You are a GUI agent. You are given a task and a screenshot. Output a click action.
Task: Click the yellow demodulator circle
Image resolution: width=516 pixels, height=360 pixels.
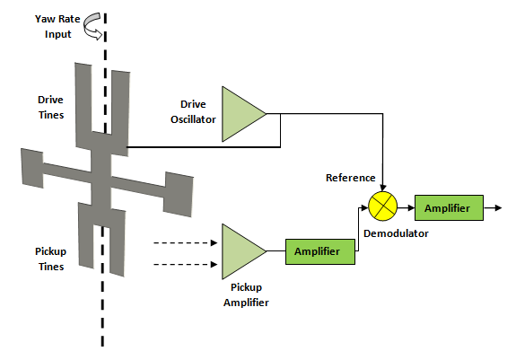point(382,206)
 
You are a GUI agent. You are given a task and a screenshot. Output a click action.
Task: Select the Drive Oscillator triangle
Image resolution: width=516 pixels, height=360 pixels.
point(241,114)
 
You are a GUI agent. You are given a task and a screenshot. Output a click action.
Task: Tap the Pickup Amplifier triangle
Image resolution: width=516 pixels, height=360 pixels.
point(241,251)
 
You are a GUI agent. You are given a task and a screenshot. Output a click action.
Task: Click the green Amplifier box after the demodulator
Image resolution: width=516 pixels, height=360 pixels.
point(449,207)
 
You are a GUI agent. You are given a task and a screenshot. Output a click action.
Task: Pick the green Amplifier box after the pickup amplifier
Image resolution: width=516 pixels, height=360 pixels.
point(320,251)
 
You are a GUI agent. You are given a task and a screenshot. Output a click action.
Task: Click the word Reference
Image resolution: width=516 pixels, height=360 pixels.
point(351,178)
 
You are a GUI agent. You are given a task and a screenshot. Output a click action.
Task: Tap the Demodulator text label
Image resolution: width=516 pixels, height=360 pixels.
point(396,233)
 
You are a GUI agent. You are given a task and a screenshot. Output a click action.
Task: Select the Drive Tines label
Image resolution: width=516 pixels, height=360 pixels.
point(50,107)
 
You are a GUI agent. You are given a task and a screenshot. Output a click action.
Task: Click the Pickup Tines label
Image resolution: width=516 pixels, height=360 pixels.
point(50,259)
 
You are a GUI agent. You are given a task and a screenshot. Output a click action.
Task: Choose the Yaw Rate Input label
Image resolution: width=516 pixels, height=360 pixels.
point(57,27)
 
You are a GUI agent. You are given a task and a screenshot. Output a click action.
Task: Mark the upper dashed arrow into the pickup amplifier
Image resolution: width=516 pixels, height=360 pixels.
point(186,243)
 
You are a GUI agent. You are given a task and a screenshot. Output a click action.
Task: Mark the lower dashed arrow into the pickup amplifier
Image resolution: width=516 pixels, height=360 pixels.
point(186,264)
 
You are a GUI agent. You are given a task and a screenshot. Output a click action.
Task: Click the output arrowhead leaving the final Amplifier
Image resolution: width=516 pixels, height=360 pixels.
point(498,207)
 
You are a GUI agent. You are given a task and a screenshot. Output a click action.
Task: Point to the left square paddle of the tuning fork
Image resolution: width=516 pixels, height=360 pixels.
point(32,168)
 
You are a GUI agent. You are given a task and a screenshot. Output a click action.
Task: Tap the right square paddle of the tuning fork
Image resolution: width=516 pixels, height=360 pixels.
point(178,194)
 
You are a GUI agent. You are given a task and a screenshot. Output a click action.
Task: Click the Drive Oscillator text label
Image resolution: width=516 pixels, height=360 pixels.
point(193,112)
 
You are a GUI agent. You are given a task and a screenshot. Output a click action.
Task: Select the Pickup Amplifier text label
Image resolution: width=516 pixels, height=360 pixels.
point(246,294)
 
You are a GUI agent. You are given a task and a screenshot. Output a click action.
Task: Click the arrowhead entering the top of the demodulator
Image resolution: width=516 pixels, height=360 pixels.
point(382,189)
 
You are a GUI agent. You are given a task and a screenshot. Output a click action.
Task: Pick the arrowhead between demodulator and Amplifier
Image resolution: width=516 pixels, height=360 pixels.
point(411,207)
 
